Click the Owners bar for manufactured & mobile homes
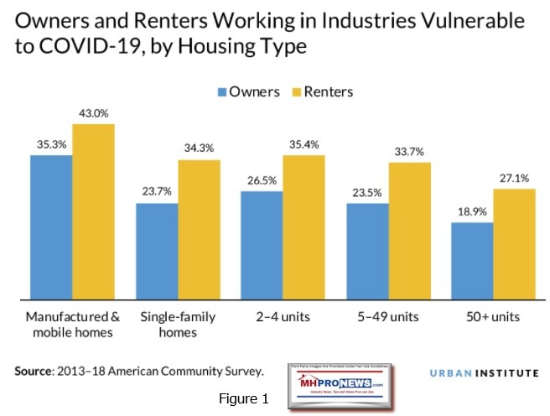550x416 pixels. click(x=51, y=226)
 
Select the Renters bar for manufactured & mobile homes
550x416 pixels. click(x=93, y=211)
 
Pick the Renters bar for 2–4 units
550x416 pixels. click(x=303, y=226)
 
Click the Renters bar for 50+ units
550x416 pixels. click(x=512, y=243)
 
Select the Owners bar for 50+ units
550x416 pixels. click(x=470, y=260)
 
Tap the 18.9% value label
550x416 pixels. click(x=470, y=213)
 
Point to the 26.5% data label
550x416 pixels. click(x=261, y=182)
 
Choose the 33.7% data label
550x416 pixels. click(x=407, y=153)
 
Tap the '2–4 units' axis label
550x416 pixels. click(x=282, y=317)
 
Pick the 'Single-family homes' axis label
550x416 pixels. click(x=177, y=325)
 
